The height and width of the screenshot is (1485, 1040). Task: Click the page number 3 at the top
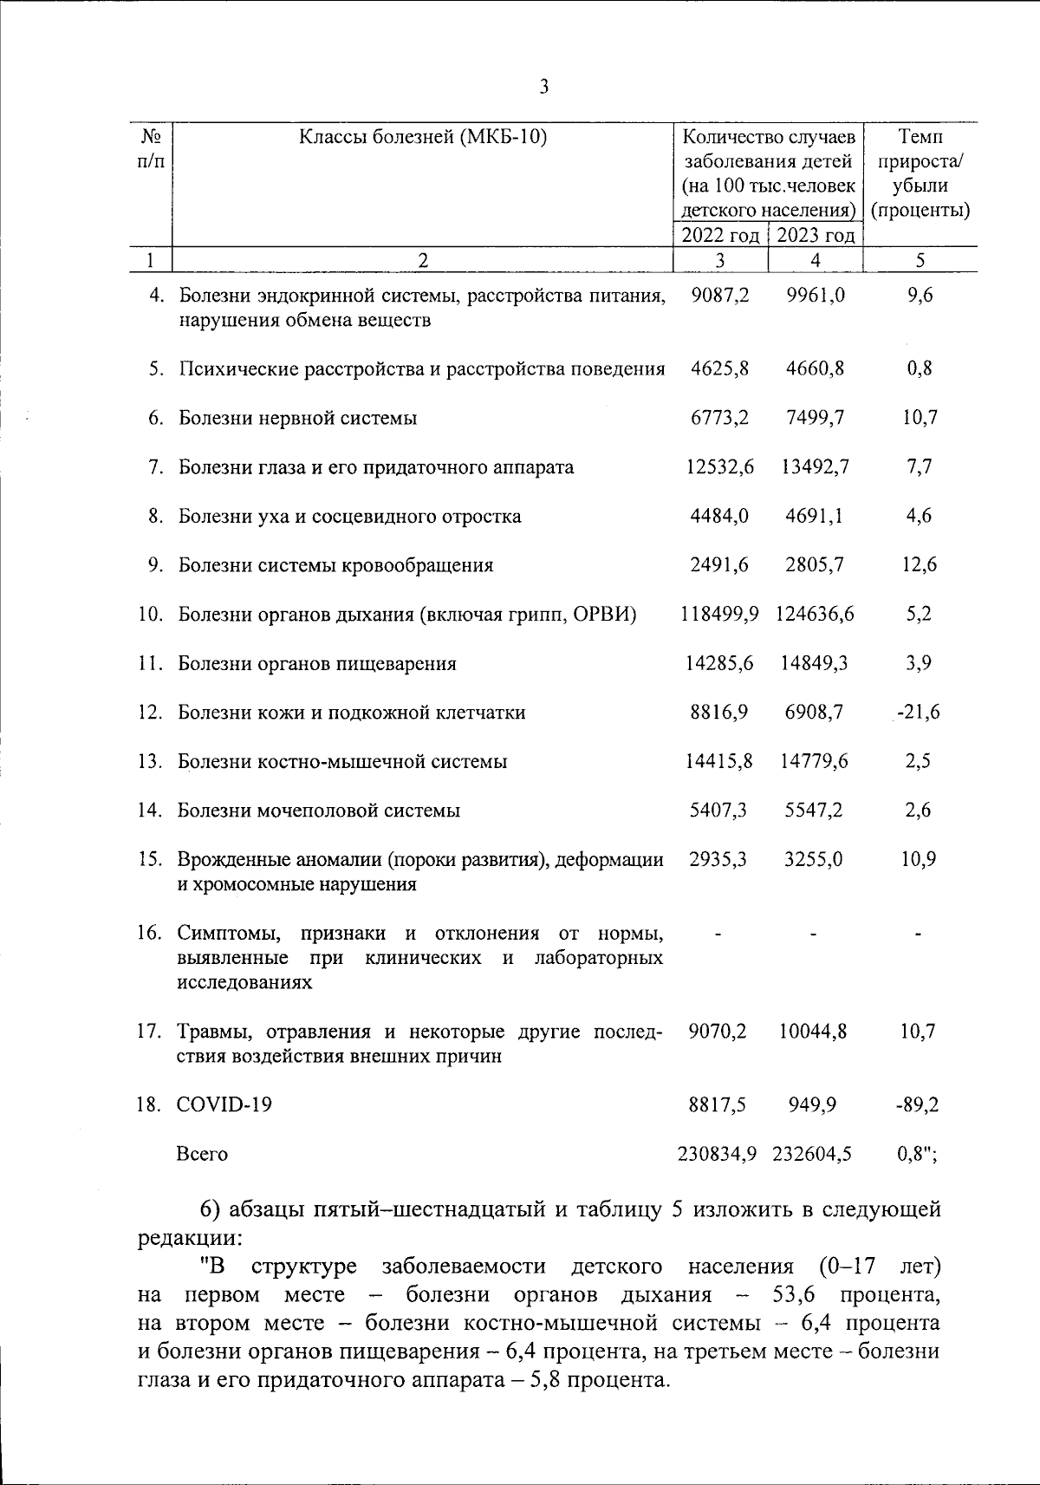click(x=544, y=87)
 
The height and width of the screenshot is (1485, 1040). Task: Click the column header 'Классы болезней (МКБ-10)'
click(x=423, y=137)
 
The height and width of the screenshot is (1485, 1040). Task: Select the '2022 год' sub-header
click(x=720, y=235)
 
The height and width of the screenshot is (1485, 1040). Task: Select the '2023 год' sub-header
click(x=815, y=235)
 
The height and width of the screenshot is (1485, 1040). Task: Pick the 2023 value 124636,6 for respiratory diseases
click(x=814, y=615)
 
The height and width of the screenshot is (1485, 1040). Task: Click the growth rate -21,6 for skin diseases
click(x=919, y=713)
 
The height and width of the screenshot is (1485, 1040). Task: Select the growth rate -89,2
click(x=919, y=1104)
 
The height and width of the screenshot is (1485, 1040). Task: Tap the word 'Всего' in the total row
click(x=202, y=1154)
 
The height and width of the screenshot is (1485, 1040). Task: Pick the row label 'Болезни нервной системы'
click(x=297, y=418)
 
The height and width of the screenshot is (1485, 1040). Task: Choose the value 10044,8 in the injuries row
click(x=813, y=1031)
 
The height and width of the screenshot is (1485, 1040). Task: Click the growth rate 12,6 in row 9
click(x=919, y=565)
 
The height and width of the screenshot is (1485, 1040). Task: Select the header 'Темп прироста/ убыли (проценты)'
click(x=920, y=173)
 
